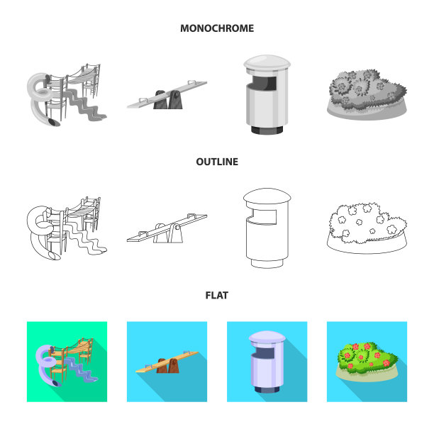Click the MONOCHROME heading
(217, 28)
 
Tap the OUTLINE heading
(217, 162)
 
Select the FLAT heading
(217, 295)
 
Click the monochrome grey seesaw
(167, 94)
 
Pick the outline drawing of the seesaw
(167, 228)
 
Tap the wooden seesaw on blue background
(167, 362)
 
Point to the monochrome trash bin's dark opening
(265, 83)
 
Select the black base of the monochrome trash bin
(267, 130)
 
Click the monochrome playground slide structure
(67, 95)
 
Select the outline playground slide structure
(67, 228)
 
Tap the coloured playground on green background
(67, 362)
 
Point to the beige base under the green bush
(367, 376)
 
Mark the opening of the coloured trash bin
(265, 353)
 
